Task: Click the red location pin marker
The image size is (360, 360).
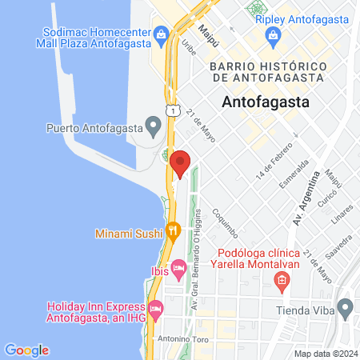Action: click(180, 164)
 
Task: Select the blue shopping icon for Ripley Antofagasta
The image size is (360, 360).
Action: click(274, 36)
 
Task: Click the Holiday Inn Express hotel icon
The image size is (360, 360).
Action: click(155, 307)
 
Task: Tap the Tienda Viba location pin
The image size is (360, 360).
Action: click(346, 306)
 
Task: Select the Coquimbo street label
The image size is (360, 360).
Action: click(226, 224)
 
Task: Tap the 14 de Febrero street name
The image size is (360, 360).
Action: click(270, 165)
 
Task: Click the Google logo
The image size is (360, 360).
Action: click(26, 350)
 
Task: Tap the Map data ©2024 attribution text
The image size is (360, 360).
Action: click(325, 354)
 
